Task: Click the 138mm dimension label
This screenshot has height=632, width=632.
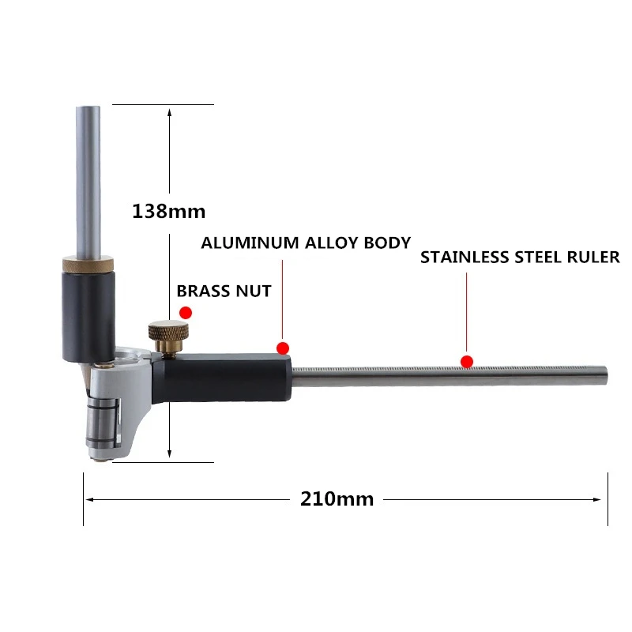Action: (x=168, y=211)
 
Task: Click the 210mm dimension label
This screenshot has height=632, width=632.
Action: (x=337, y=498)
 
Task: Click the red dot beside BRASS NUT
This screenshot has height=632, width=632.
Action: (x=186, y=314)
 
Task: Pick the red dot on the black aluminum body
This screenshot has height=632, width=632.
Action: (x=283, y=348)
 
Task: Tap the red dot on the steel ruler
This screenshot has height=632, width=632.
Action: (x=467, y=361)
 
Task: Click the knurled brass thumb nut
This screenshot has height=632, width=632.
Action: (x=170, y=330)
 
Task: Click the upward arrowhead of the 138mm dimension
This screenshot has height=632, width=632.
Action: (x=169, y=111)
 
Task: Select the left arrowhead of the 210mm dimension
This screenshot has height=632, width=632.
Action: (x=89, y=498)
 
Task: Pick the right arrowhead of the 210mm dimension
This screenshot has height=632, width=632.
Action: (x=602, y=498)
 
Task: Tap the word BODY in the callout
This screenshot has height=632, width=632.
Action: (x=386, y=243)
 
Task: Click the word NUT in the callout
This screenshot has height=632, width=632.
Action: (x=254, y=291)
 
